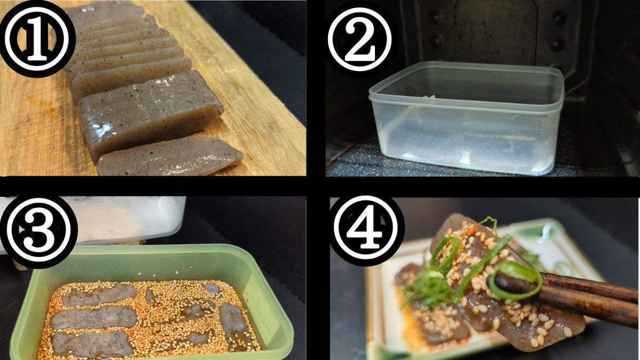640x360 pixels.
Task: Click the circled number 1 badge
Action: point(37,39)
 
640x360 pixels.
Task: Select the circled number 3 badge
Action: point(38,230)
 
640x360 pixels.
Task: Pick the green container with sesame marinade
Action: point(151,302)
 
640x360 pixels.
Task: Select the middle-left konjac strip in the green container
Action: point(94,317)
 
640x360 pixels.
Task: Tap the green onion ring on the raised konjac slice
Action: point(445,253)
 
